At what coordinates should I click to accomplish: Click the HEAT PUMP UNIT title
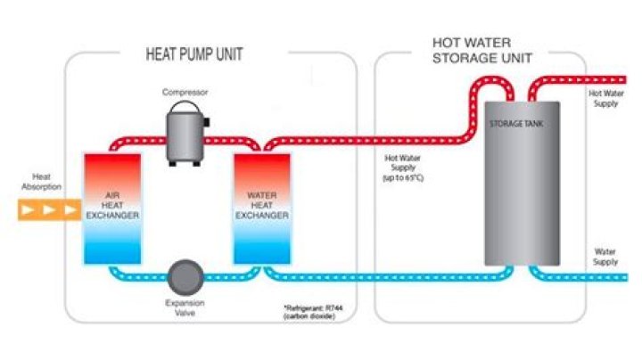[x=193, y=53]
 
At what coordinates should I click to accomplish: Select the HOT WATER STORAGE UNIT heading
[x=482, y=51]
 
